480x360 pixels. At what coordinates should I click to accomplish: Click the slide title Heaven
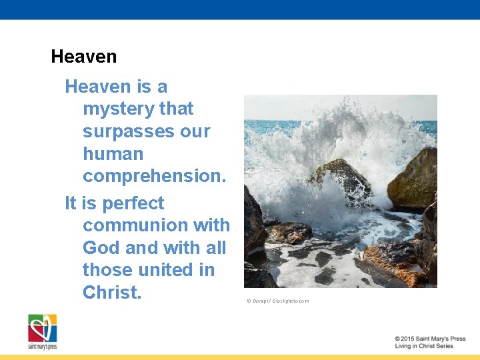[x=83, y=57]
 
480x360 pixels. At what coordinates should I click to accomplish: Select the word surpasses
[x=123, y=131]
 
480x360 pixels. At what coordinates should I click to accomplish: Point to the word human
[x=113, y=154]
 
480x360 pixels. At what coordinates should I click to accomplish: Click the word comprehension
[x=154, y=177]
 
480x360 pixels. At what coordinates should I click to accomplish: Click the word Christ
[x=112, y=293]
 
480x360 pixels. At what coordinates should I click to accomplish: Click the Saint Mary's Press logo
[x=42, y=331]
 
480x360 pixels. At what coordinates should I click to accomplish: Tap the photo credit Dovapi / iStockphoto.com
[x=278, y=301]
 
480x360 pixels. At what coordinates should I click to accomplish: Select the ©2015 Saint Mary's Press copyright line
[x=429, y=339]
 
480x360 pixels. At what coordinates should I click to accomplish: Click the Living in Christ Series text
[x=423, y=346]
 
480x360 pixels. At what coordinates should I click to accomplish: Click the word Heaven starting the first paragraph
[x=97, y=87]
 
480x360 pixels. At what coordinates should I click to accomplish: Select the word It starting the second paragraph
[x=71, y=203]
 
